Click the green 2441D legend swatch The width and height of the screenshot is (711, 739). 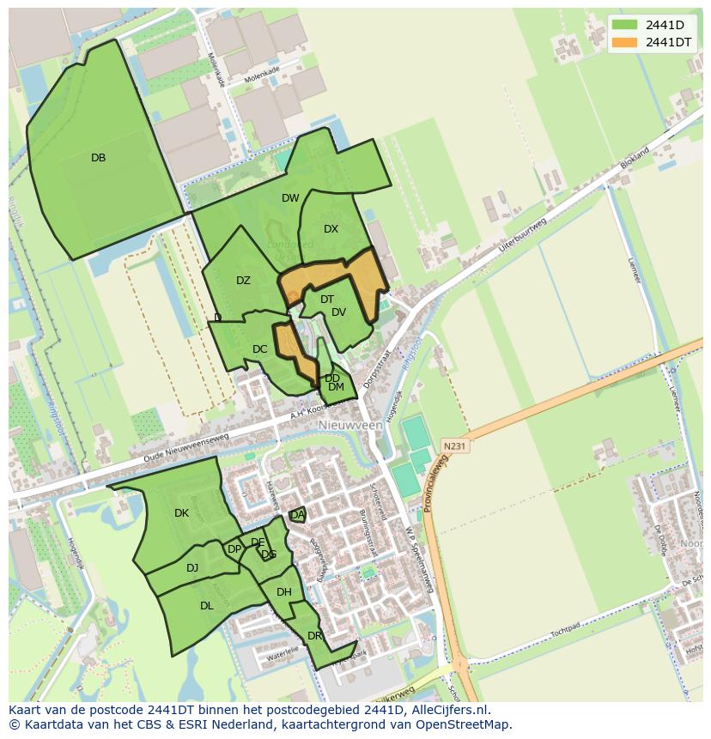624,24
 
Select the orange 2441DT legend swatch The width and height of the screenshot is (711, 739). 624,42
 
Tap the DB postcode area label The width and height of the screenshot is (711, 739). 98,158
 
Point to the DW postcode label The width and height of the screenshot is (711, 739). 290,198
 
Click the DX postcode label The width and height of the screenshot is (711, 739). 331,229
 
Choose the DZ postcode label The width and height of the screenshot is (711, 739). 243,281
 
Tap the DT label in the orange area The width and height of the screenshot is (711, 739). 326,300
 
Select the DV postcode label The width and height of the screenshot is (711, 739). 338,312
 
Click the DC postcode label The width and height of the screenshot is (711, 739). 260,349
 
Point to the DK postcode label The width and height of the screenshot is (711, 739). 181,513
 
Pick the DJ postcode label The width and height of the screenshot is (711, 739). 192,567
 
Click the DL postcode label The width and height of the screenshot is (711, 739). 206,606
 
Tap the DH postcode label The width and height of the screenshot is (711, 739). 284,592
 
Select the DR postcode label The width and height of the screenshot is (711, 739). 314,636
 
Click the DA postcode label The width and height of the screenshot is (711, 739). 297,515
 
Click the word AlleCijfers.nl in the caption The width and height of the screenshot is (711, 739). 446,711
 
